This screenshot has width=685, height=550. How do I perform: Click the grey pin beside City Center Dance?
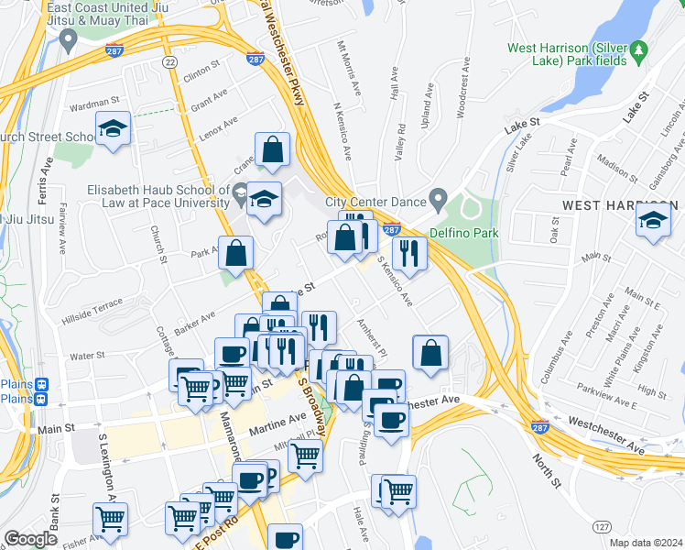439,200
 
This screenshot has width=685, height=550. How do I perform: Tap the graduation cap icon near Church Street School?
114,128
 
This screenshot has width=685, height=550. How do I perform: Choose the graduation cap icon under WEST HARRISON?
653,221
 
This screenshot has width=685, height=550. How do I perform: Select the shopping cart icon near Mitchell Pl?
305,454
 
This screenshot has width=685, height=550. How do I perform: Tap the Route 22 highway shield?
169,61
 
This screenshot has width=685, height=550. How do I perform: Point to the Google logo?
30,539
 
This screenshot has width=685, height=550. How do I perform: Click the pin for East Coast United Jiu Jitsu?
68,39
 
